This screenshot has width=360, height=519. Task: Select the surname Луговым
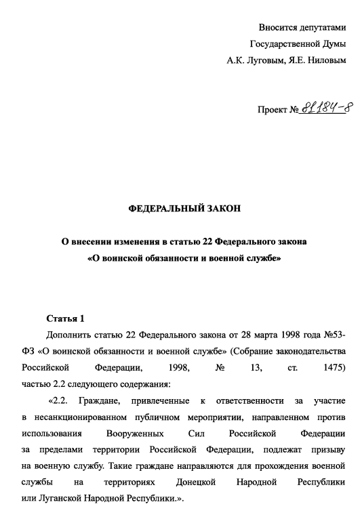[267, 60]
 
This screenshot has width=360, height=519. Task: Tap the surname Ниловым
[324, 60]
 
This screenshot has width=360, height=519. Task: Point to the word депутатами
[321, 28]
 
